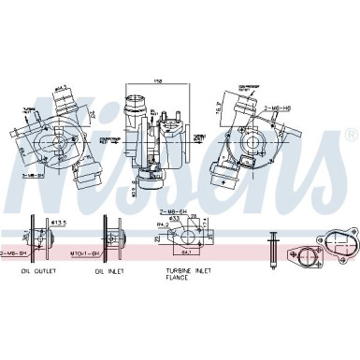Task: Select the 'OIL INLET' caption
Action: tap(108, 270)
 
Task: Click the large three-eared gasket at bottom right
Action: tap(333, 246)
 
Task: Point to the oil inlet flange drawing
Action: tap(109, 239)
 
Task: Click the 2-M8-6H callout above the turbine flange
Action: tap(168, 213)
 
